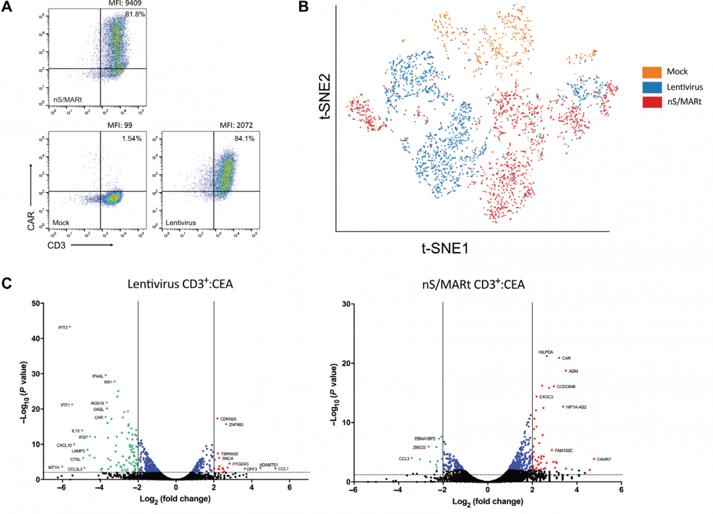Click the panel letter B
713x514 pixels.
[x=304, y=8]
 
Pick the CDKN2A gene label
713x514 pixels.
[x=228, y=419]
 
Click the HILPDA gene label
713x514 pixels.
[x=547, y=352]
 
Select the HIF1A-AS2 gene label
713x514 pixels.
[x=576, y=407]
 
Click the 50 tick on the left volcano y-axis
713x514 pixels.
[x=41, y=304]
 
